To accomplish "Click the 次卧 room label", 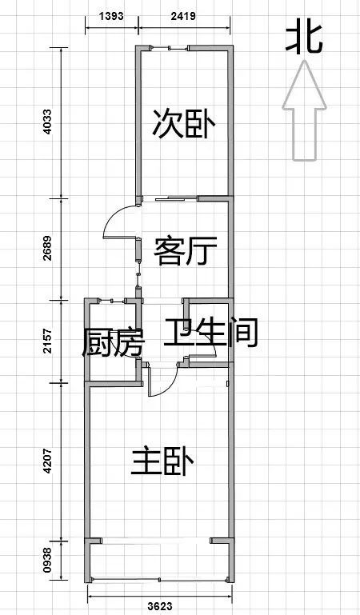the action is tap(184, 123).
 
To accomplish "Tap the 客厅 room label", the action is tap(185, 251).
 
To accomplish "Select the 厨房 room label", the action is tap(113, 342).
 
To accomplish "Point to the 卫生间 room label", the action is tap(210, 333).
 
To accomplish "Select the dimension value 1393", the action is tap(111, 16).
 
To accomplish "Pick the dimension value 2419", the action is tap(183, 16).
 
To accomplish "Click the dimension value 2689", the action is tap(47, 248).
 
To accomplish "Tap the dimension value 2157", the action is tap(47, 341).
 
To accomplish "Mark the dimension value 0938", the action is tap(47, 560).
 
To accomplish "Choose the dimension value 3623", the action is tap(160, 606).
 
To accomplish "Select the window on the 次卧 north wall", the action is tap(170, 48).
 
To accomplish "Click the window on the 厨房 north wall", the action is tap(112, 301).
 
